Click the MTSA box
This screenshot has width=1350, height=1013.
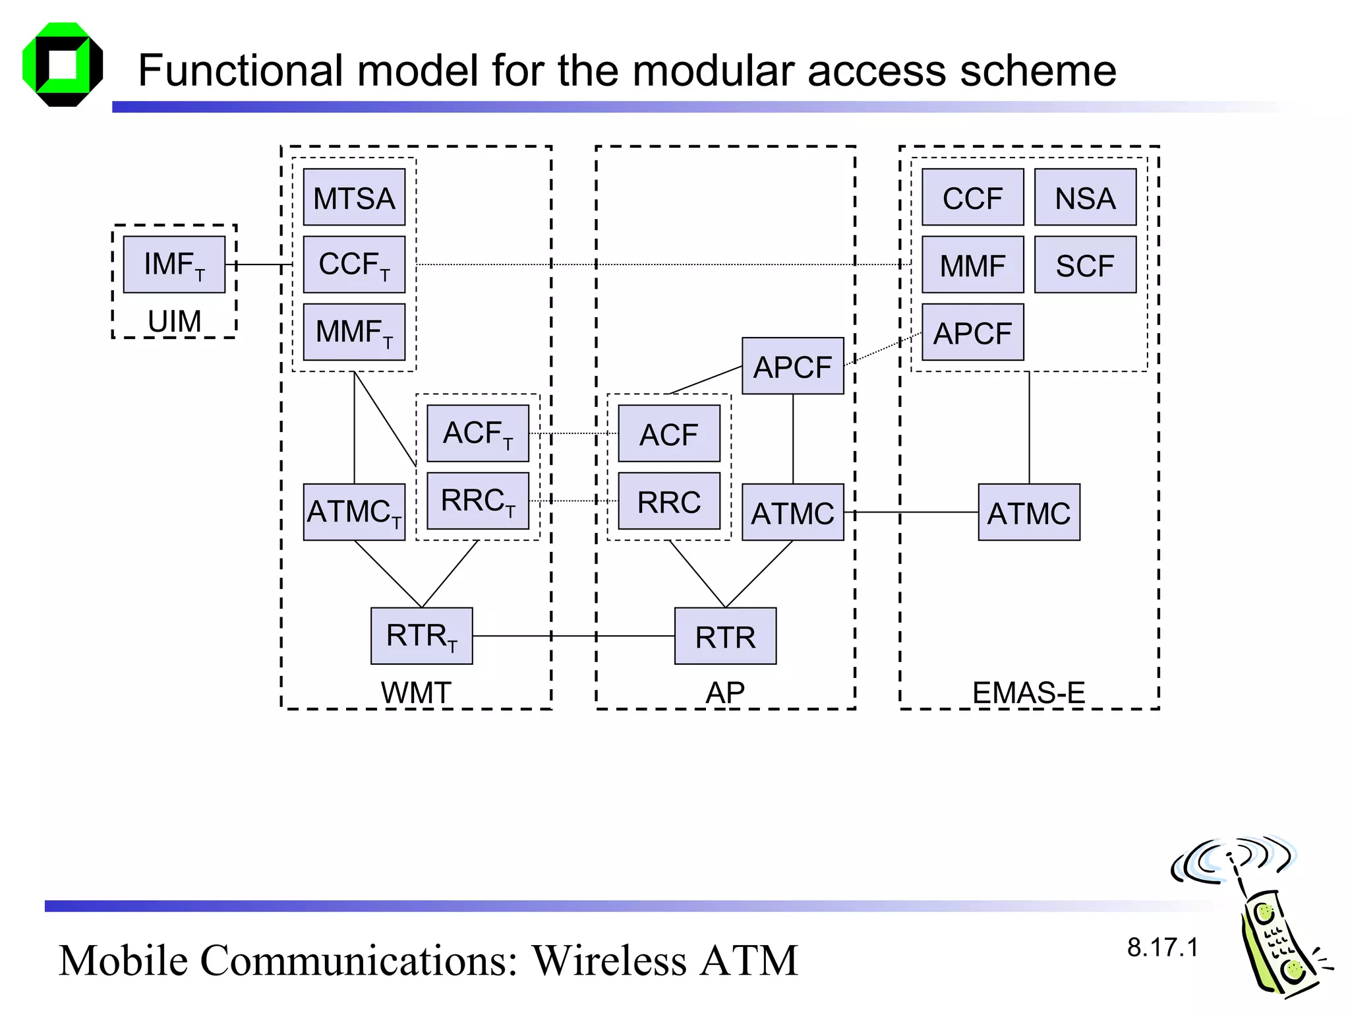click(x=354, y=197)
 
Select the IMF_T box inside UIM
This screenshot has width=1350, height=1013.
click(x=174, y=264)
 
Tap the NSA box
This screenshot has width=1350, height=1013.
click(x=1085, y=197)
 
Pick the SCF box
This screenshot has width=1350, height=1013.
click(x=1085, y=265)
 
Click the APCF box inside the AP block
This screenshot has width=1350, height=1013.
click(x=792, y=366)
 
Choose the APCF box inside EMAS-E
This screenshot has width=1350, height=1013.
click(x=972, y=332)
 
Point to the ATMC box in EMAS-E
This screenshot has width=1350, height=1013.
click(x=1028, y=512)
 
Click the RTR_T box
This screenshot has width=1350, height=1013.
click(x=421, y=636)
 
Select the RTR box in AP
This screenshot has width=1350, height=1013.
click(x=725, y=636)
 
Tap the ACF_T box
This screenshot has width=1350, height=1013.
click(x=478, y=433)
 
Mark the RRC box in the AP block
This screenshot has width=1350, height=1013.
click(x=668, y=501)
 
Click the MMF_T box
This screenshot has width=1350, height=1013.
click(x=354, y=332)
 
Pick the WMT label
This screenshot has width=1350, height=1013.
click(x=416, y=692)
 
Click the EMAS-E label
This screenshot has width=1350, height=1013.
click(x=1028, y=692)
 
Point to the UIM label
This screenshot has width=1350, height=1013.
click(x=174, y=321)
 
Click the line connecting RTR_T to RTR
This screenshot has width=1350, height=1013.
click(x=573, y=636)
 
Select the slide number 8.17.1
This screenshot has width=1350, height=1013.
click(x=1162, y=948)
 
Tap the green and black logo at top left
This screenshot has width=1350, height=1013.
click(x=63, y=65)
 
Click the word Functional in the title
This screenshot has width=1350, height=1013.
click(x=241, y=71)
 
